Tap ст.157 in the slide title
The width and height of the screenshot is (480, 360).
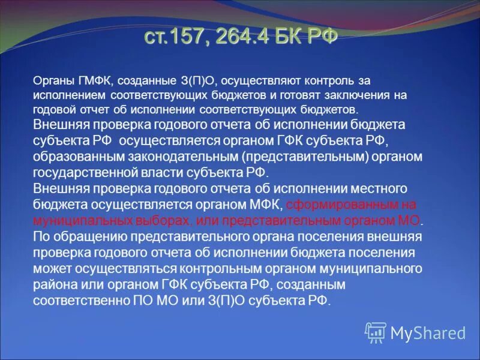(170, 37)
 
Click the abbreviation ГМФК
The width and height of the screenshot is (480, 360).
(94, 80)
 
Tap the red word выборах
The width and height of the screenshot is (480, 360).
(163, 220)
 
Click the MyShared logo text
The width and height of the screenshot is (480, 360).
(427, 332)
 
